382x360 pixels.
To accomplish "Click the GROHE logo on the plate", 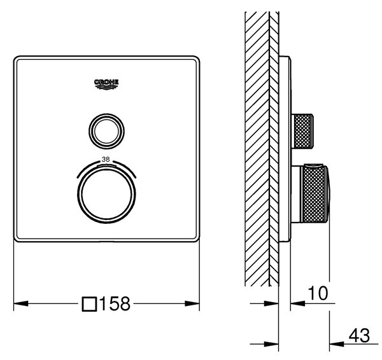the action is (106, 84).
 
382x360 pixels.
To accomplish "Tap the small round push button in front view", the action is (106, 131).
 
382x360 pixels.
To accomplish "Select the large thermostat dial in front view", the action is (106, 194).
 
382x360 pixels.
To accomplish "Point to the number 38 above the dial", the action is (106, 160).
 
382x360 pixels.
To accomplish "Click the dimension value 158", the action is (115, 303).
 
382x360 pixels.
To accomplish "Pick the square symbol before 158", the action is (89, 304).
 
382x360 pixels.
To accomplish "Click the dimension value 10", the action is (318, 293).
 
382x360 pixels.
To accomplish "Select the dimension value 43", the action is (359, 335).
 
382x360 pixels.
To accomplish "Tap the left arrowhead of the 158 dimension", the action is (21, 303).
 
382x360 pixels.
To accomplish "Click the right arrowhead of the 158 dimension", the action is (192, 303).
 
